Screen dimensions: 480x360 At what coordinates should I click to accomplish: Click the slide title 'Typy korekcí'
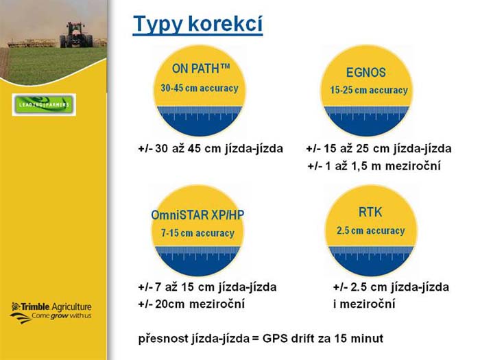(197, 24)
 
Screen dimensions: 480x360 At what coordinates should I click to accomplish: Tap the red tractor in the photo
(76, 35)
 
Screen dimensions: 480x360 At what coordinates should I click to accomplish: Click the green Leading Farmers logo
(44, 105)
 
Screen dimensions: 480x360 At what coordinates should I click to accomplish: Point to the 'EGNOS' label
(365, 73)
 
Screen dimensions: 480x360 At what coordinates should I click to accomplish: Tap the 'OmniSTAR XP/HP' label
(197, 215)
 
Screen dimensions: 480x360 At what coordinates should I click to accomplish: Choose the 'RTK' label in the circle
(370, 212)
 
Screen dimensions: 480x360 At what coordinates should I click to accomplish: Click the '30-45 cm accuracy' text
(200, 88)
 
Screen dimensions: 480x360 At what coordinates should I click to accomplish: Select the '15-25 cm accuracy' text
(369, 90)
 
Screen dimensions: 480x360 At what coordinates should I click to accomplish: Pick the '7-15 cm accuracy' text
(197, 233)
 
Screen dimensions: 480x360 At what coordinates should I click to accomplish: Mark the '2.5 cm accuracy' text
(371, 230)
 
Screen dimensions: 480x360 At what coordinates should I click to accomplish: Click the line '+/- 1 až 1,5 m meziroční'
(374, 166)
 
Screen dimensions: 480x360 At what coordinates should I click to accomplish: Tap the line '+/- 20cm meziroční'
(191, 304)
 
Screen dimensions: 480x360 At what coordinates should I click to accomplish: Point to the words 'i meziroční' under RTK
(364, 304)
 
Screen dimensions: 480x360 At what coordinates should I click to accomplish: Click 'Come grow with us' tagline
(62, 316)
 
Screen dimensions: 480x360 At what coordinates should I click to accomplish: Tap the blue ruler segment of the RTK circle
(371, 261)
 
